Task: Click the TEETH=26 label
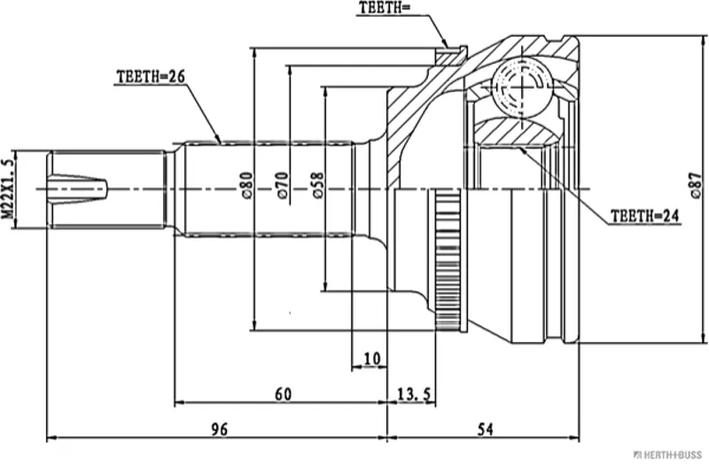[x=150, y=77]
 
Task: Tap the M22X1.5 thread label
[x=9, y=189]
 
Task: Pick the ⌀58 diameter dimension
[x=317, y=184]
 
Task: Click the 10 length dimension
[x=371, y=358]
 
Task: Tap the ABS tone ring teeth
[x=448, y=258]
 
